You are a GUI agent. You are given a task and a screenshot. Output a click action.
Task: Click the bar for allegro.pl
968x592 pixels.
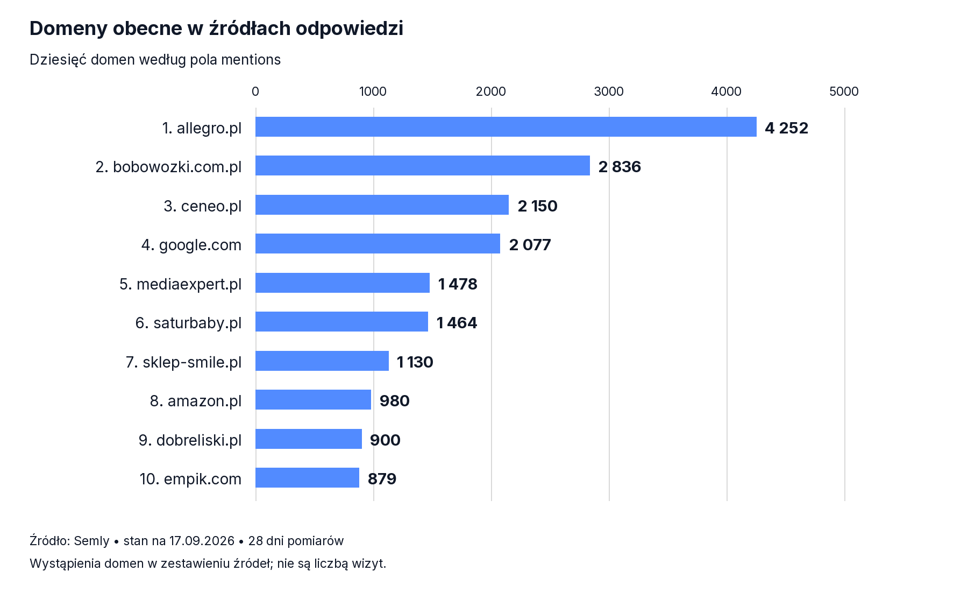(x=506, y=127)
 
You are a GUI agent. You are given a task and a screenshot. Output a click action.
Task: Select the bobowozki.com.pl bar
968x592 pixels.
(x=423, y=166)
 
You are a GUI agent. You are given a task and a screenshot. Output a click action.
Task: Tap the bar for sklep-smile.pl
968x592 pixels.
(x=322, y=361)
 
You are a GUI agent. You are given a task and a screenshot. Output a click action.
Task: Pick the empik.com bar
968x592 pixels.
(x=307, y=478)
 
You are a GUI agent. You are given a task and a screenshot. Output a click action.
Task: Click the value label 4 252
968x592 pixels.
(x=786, y=128)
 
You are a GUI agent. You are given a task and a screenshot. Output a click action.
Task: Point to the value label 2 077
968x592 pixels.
(x=530, y=245)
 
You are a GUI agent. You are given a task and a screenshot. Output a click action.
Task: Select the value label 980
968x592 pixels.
(x=395, y=401)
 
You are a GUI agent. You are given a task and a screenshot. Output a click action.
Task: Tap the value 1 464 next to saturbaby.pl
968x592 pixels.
(x=457, y=323)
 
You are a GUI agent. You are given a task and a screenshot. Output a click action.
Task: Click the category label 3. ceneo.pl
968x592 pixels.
(x=203, y=206)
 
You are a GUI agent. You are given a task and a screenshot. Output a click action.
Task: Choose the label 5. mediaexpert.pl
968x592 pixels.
(x=181, y=284)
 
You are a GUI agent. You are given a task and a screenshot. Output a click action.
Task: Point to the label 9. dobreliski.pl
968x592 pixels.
(x=190, y=440)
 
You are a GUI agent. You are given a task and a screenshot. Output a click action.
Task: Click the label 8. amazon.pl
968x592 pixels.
(x=196, y=401)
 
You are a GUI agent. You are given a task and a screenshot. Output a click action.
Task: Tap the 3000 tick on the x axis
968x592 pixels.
(x=609, y=91)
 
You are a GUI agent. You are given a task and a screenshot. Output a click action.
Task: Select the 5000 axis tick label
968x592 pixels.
(x=844, y=91)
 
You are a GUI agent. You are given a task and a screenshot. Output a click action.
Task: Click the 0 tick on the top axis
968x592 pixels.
(x=255, y=91)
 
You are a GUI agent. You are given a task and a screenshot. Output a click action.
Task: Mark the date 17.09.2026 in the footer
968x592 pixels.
(x=202, y=541)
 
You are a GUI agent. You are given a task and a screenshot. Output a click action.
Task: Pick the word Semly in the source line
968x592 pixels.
(x=91, y=541)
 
